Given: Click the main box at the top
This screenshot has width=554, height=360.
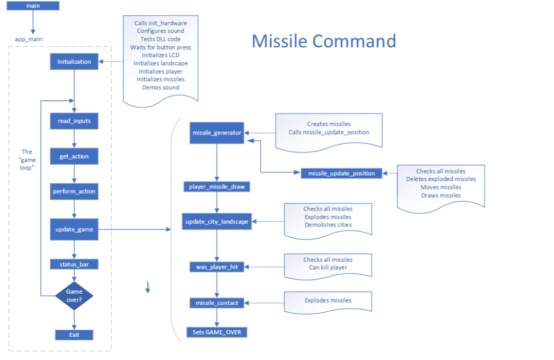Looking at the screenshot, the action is (x=33, y=6).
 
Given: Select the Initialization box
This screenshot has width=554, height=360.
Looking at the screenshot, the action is (x=74, y=62).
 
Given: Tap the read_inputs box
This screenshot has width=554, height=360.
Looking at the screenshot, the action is (x=74, y=121).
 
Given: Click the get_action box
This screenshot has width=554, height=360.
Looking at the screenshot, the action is (x=74, y=156).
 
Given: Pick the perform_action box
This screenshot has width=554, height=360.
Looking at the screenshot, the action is (x=74, y=192).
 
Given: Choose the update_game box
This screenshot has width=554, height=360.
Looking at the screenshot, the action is (x=74, y=230).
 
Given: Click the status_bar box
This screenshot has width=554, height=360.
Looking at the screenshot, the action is (x=74, y=264).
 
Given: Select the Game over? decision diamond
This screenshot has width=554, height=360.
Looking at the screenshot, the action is (x=74, y=296).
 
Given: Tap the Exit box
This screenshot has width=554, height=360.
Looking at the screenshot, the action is (x=74, y=335).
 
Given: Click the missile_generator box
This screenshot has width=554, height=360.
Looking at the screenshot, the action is (x=217, y=133).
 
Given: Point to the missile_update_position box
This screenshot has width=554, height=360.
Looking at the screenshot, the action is (x=341, y=173).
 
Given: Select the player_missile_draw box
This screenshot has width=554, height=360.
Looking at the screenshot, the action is (x=217, y=187).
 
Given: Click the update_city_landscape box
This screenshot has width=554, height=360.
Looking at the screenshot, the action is (x=217, y=222).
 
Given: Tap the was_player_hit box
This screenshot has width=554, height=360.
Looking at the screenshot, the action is (x=217, y=267).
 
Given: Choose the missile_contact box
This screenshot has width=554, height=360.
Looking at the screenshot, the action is (x=217, y=303).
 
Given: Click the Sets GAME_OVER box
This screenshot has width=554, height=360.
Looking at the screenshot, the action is (x=217, y=332).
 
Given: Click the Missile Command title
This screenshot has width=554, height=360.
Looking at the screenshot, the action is (x=324, y=41).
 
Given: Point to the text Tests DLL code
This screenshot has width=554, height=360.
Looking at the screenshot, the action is (x=161, y=39).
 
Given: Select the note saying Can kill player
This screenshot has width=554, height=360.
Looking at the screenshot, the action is (x=328, y=268).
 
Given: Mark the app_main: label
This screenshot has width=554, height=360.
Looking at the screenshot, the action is (x=29, y=39).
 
